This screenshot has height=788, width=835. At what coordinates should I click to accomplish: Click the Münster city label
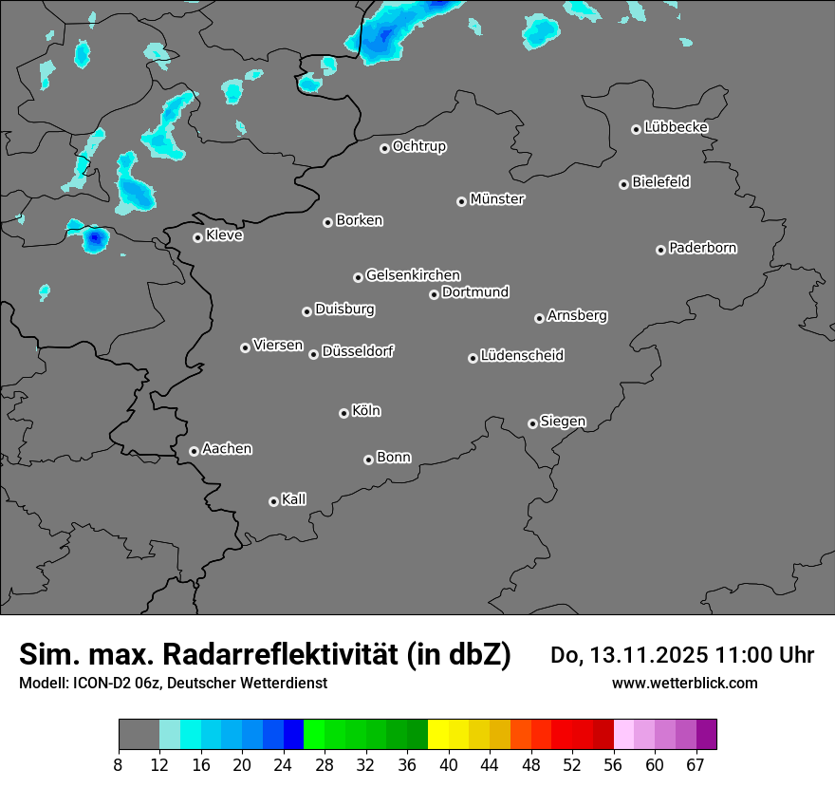point(497,199)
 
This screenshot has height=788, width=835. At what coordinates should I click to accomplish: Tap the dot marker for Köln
point(343,413)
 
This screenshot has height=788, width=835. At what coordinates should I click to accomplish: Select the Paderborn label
point(703,248)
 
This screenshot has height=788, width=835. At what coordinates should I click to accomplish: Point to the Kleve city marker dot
point(197,237)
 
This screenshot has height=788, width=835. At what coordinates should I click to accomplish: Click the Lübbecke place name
point(676,127)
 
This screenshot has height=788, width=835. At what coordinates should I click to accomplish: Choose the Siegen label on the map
point(563,422)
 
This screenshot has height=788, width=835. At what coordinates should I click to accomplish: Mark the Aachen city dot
point(194,451)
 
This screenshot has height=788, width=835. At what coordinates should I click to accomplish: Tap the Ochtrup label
point(419,146)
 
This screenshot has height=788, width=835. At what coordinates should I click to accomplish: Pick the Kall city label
point(294,499)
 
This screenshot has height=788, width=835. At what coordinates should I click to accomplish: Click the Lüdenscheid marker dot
point(473,358)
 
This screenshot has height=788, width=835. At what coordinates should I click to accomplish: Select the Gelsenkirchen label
point(413,275)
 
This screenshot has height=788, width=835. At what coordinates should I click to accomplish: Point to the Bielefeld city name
point(660,182)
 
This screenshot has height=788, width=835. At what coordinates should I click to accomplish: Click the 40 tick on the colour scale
point(449,764)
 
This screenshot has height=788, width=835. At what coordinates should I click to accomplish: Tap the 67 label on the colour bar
point(696,764)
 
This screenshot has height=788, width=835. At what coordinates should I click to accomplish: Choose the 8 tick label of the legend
point(119,764)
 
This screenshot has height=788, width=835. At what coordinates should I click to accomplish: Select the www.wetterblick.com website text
point(684,683)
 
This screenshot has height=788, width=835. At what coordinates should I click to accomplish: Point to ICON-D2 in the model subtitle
point(102,683)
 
